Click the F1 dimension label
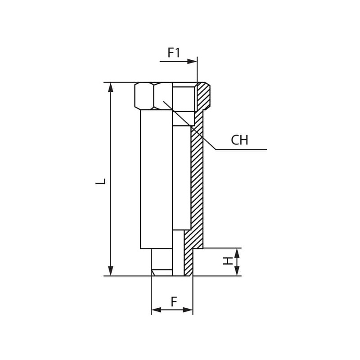(174, 53)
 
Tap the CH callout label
(239, 140)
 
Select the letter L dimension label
(100, 181)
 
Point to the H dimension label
(228, 261)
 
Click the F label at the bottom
(174, 301)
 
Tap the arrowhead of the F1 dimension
(192, 62)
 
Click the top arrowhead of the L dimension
(111, 87)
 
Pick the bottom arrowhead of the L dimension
(111, 271)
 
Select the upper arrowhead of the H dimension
(237, 253)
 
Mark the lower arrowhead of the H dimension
(237, 271)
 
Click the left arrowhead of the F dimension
(156, 310)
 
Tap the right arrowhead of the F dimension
(188, 310)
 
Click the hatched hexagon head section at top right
(203, 96)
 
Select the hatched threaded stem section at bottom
(189, 260)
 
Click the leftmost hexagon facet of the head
(144, 96)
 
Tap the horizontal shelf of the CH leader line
(241, 149)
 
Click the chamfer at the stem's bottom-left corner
(153, 273)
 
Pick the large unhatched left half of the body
(156, 179)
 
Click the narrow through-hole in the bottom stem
(178, 253)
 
